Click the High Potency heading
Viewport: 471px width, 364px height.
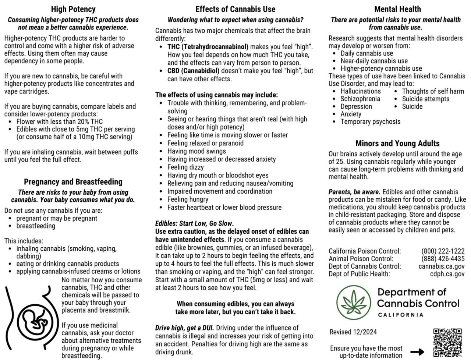pos(73,10)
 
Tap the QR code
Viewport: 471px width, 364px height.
pos(447,343)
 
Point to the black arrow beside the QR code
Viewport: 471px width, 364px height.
pos(417,352)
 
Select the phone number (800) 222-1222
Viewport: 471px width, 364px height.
pos(443,251)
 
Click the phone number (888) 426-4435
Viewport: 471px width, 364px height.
pos(443,259)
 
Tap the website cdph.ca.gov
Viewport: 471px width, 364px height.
pos(447,274)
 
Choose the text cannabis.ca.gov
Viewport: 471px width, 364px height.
pos(441,266)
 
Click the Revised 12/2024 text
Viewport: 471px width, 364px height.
pos(353,332)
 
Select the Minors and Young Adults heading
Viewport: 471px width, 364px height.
pos(397,144)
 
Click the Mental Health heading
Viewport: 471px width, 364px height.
pos(397,9)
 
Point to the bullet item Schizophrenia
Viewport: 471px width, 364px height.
pos(360,99)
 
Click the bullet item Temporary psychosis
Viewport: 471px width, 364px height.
pos(370,122)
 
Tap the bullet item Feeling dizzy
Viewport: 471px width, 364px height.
pos(185,167)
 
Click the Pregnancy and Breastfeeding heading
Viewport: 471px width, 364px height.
pos(73,182)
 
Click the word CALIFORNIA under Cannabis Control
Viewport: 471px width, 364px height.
pos(400,315)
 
